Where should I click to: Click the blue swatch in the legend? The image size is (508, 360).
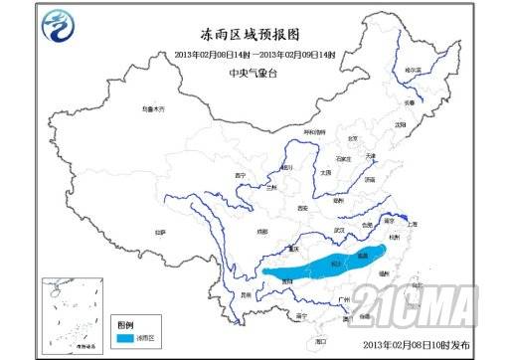[x=128, y=339]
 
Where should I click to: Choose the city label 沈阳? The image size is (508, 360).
[x=401, y=124]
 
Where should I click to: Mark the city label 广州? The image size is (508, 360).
[x=344, y=299]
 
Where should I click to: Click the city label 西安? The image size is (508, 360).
[x=301, y=208]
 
